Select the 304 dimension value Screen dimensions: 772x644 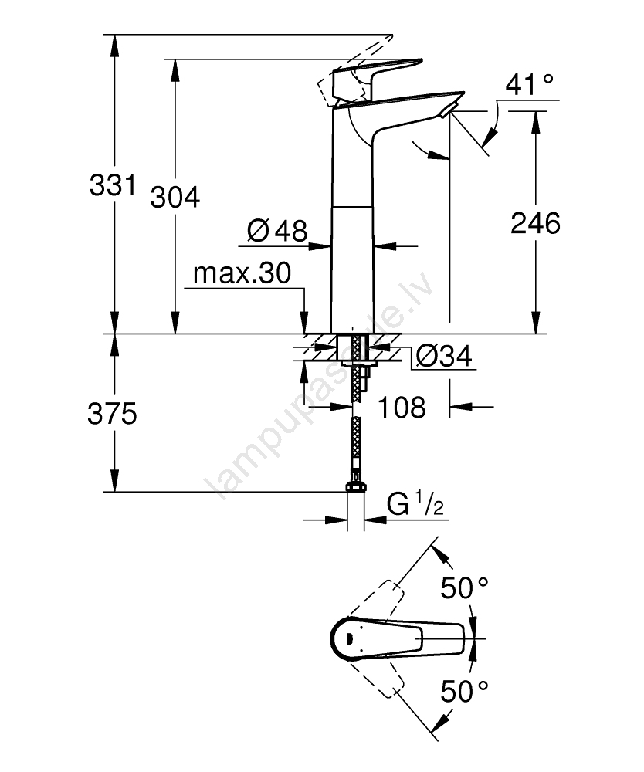click(175, 198)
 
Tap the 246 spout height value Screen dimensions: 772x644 click(535, 224)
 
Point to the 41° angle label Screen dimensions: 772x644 click(530, 84)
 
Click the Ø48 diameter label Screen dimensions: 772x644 click(276, 230)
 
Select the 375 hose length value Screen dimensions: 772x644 click(113, 415)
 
